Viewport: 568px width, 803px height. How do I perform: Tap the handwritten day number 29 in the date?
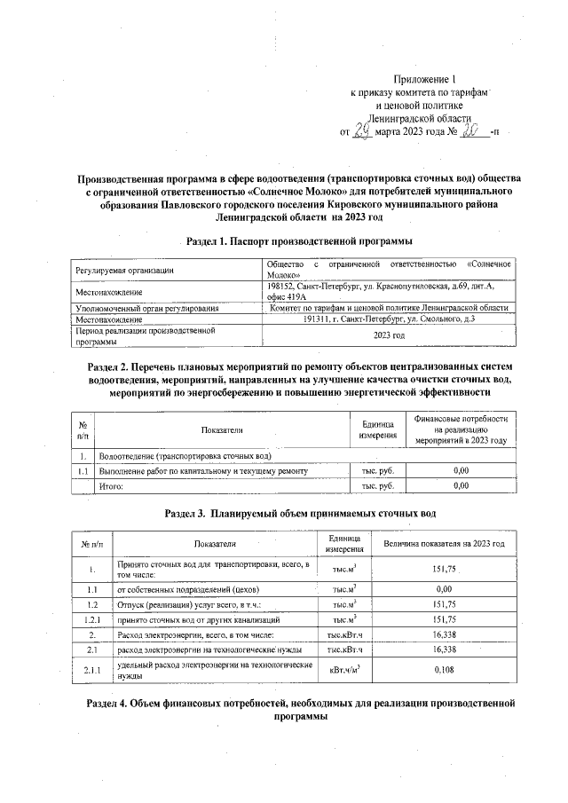(359, 130)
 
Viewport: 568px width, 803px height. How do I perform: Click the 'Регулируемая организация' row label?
(124, 270)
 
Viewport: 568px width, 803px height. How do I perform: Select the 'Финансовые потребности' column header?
(461, 429)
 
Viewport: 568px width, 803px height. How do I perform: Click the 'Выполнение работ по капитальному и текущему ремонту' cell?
(203, 470)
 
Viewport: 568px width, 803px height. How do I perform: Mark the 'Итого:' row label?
(110, 486)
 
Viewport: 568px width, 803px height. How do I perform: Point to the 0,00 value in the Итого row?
(461, 486)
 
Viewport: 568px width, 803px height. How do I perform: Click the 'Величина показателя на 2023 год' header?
(444, 544)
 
